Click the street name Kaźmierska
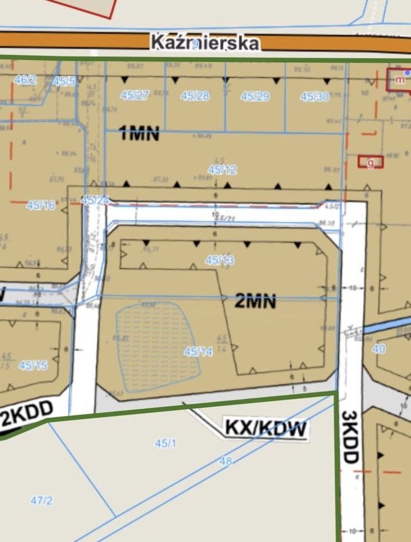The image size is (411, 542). click(x=205, y=43)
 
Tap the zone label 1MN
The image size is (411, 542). click(x=139, y=134)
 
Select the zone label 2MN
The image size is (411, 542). click(x=255, y=301)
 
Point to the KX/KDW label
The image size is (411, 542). click(x=266, y=429)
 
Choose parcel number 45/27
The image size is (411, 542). click(x=134, y=95)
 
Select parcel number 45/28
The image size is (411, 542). click(x=195, y=95)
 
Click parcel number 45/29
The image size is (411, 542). click(x=255, y=96)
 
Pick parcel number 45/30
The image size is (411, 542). click(x=315, y=97)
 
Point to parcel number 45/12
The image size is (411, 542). click(x=222, y=169)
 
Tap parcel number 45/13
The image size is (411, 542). click(x=220, y=260)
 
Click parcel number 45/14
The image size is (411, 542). click(x=198, y=351)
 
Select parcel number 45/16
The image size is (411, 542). click(x=41, y=206)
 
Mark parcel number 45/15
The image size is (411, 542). click(x=33, y=365)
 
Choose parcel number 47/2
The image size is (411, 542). click(x=41, y=500)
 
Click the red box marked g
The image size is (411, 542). click(x=370, y=163)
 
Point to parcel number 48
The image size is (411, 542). click(x=226, y=461)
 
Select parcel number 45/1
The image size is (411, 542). click(x=166, y=443)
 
